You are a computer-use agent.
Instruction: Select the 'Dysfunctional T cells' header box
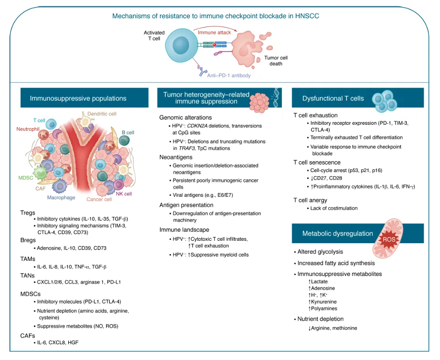(x=333, y=98)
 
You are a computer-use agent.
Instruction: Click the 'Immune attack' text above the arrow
(x=213, y=33)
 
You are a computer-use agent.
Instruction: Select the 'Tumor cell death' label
(x=275, y=61)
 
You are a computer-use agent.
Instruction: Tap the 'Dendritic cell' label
(x=102, y=114)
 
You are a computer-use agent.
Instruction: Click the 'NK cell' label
(x=123, y=194)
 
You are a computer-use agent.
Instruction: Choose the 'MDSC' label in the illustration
(x=26, y=178)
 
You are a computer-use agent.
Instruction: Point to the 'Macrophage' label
(x=61, y=198)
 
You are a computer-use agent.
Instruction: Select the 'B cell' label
(x=128, y=132)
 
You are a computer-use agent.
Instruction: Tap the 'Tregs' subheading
(x=28, y=212)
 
